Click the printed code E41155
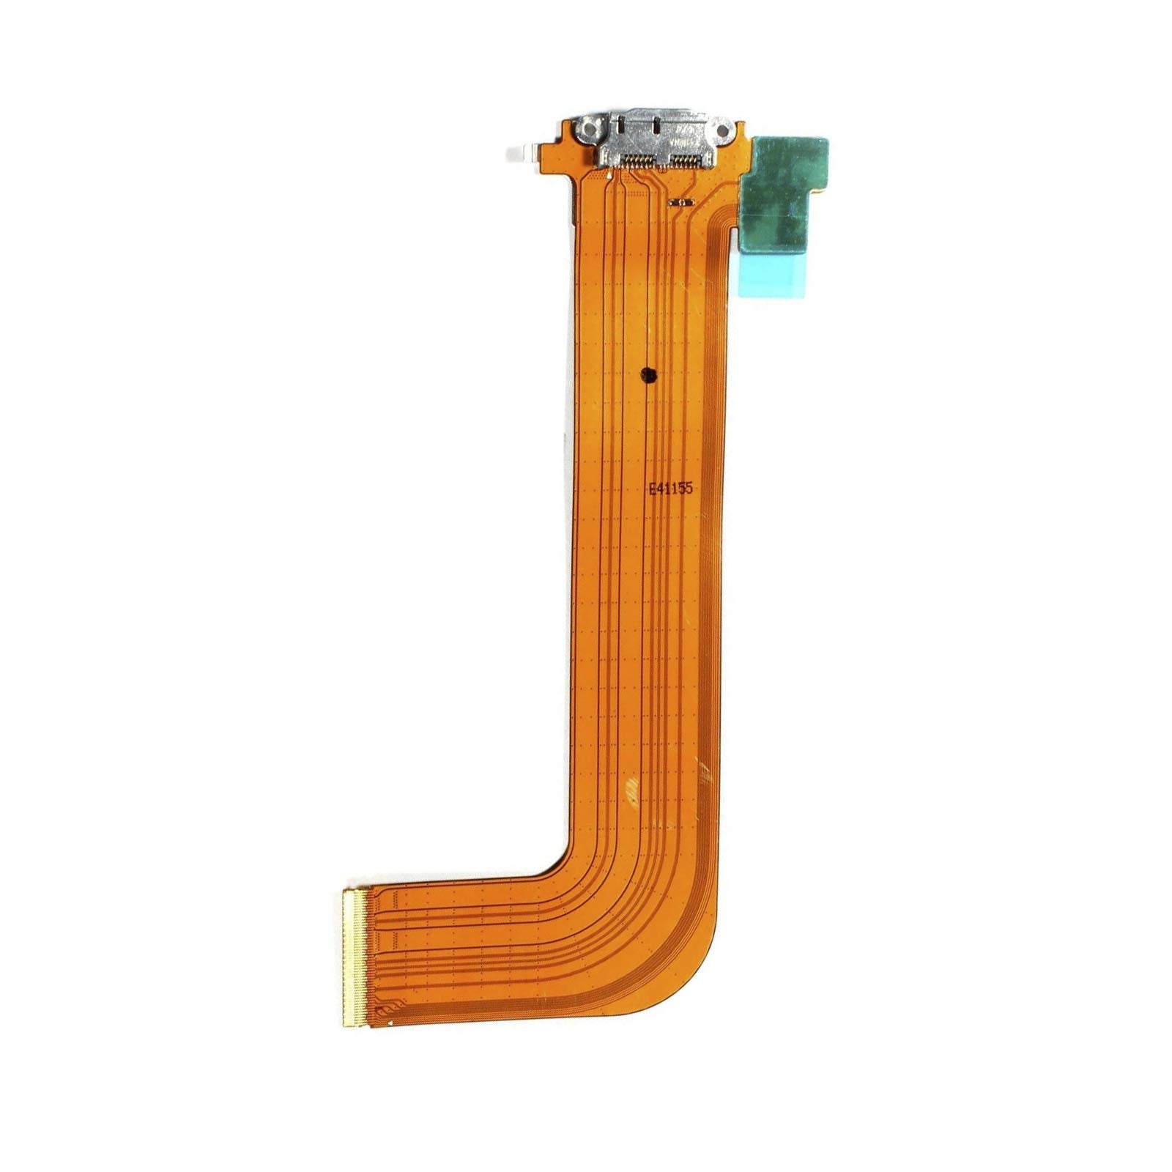coord(670,489)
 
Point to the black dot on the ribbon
coord(648,377)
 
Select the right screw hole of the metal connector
coord(724,131)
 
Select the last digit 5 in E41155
coord(689,489)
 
